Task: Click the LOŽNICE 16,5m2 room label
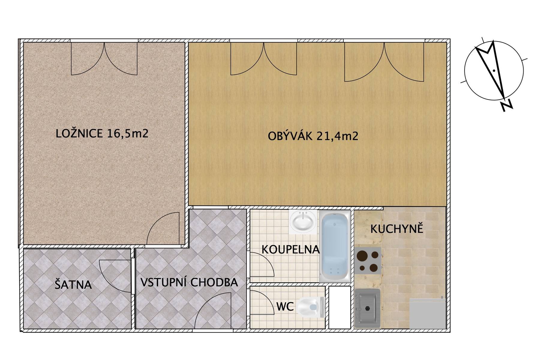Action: pos(102,133)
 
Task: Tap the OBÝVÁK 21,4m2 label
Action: pos(313,136)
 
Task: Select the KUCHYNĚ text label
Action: pos(397,229)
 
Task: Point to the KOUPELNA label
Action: pos(291,249)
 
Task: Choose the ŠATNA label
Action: pos(73,284)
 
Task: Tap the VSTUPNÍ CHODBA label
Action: pos(189,282)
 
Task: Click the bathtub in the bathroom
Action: pos(335,246)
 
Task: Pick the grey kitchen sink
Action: pos(367,308)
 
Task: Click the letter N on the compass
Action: pos(506,105)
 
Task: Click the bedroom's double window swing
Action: pos(104,58)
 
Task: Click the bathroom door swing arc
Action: pos(262,264)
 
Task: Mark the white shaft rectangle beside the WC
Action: pos(340,307)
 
